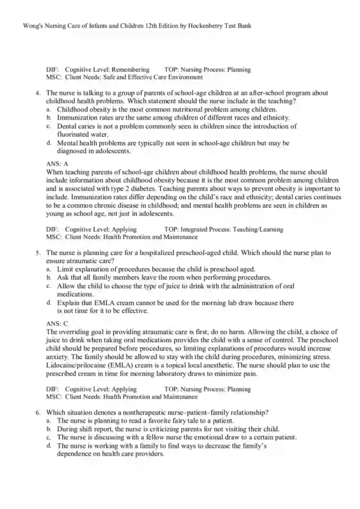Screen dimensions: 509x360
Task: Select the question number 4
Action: pos(37,94)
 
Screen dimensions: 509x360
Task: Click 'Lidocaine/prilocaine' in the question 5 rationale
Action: pos(74,363)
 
